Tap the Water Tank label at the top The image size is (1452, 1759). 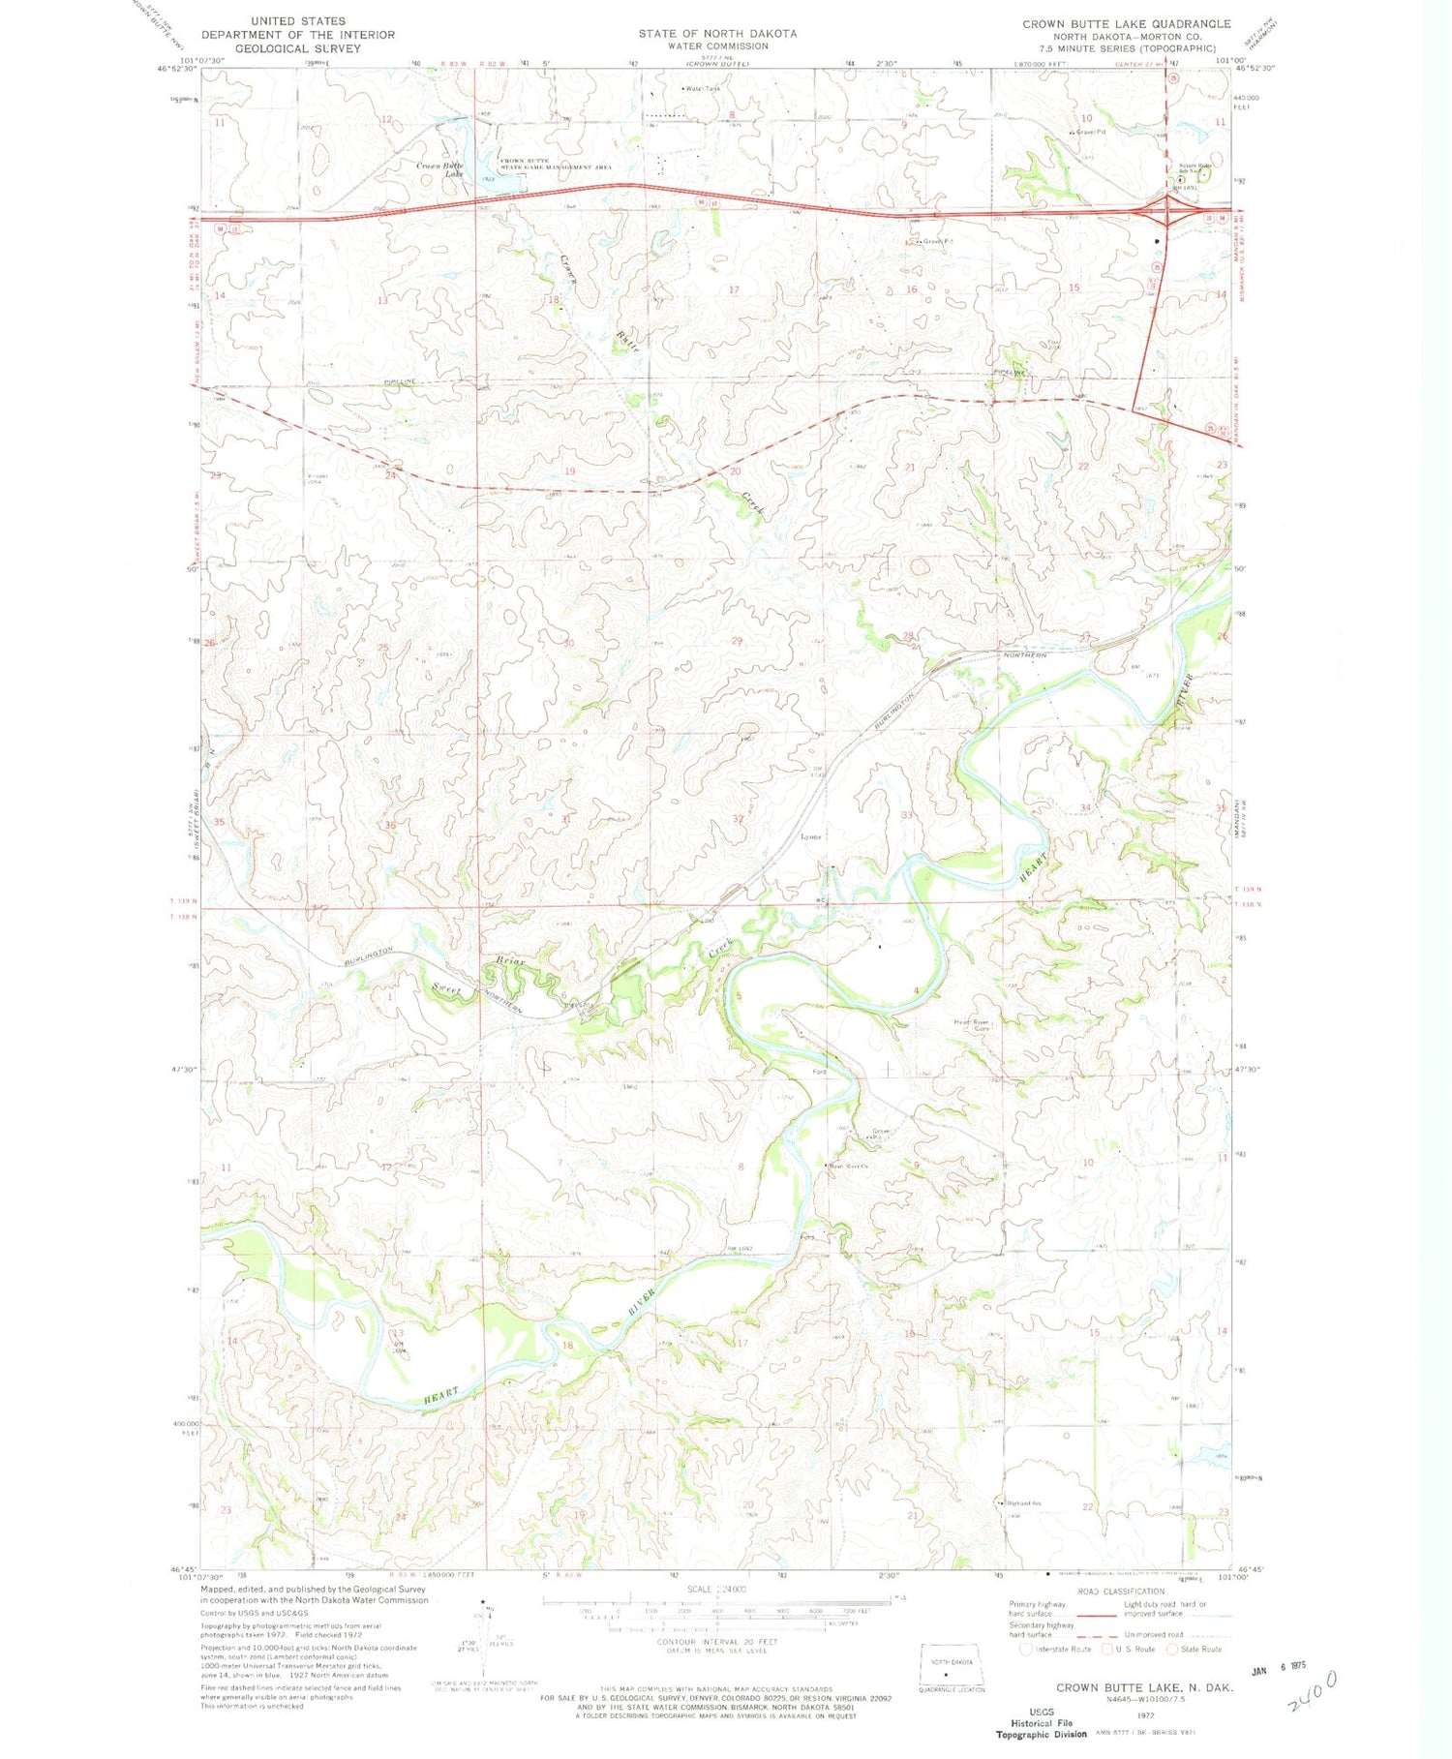pos(703,89)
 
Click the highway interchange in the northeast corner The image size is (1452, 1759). pos(1168,210)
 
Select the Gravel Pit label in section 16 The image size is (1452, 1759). pos(936,241)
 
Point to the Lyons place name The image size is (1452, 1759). pos(810,836)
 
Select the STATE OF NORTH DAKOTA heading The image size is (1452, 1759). pos(717,33)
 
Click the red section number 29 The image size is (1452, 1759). pos(737,641)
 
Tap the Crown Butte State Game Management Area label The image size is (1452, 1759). pos(556,164)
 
